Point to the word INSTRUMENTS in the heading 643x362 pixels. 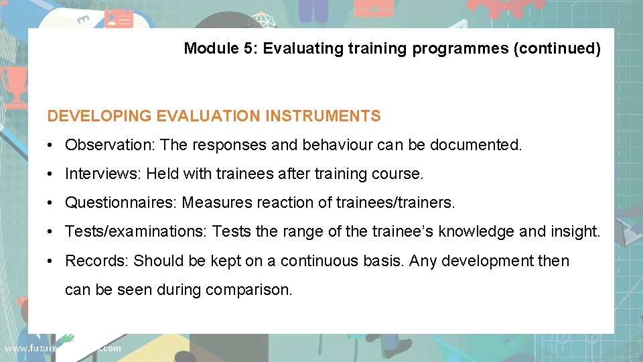click(x=323, y=116)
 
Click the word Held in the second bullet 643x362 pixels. click(x=162, y=174)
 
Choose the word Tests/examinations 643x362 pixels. click(x=136, y=231)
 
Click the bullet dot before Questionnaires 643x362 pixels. click(x=51, y=202)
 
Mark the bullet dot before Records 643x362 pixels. click(x=51, y=261)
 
